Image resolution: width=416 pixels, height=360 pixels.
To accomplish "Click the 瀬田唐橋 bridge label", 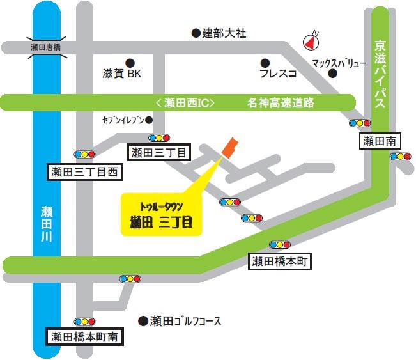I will point(45,47).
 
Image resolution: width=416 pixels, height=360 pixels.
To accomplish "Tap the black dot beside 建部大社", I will point(196,32).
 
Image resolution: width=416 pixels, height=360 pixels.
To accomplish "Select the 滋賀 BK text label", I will point(121,74).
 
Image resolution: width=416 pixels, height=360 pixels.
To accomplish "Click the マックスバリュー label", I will point(339,63).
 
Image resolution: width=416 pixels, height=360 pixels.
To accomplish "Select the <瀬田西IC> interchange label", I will point(185,102).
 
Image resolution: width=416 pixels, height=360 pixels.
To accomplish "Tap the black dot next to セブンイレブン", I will point(149,120).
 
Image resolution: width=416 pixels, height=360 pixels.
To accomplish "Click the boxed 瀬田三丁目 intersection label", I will point(160,152).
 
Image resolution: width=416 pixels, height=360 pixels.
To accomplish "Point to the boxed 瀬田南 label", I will point(380,141).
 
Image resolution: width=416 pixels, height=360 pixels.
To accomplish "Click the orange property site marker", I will point(229,146).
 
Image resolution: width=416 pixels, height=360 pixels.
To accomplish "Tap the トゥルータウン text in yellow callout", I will point(161,207).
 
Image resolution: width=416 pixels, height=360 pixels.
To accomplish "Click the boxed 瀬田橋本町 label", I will point(280,261).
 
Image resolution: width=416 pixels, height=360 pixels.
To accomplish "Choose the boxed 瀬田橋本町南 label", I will point(85,336).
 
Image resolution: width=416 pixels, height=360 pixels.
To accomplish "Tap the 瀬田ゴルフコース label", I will point(185,320).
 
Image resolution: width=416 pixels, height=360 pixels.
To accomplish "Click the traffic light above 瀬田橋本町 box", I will point(280,245).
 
